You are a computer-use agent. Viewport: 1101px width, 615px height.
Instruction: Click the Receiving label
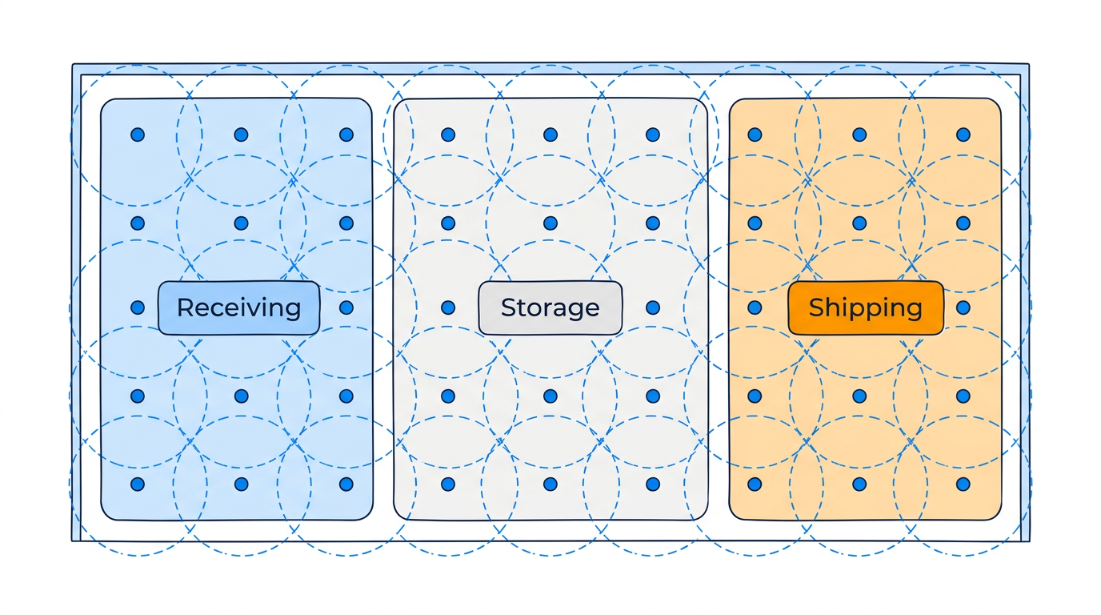[238, 307]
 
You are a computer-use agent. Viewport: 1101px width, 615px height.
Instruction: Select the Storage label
[550, 307]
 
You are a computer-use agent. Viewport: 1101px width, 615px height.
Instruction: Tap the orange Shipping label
[865, 307]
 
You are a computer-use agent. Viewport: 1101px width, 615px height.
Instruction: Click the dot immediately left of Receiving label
[138, 307]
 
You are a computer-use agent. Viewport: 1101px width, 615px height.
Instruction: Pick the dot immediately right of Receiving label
[346, 307]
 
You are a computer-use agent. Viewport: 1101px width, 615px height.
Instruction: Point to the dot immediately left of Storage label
[448, 307]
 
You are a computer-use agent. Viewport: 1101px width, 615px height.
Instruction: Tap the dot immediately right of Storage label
[653, 307]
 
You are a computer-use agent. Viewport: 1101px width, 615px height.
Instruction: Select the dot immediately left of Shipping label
[755, 307]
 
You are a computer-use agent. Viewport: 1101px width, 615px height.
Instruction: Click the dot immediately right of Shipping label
[963, 307]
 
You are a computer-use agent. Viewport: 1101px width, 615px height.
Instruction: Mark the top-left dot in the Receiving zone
[138, 135]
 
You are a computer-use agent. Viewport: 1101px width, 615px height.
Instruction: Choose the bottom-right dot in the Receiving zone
[346, 484]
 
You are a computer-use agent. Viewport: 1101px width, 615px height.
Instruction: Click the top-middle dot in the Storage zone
[550, 135]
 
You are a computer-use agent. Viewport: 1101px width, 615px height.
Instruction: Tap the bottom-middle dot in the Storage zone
[550, 484]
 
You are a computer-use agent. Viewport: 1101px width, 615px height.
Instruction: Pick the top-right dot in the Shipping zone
[963, 135]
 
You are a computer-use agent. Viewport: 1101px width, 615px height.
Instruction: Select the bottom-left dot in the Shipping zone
[755, 484]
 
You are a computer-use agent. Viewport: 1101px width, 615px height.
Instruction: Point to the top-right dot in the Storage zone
[653, 135]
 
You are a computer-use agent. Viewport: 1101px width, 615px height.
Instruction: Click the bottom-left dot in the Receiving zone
[138, 484]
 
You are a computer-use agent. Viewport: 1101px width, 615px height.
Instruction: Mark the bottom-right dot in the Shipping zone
[963, 484]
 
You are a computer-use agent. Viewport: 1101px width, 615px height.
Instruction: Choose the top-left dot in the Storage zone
[448, 135]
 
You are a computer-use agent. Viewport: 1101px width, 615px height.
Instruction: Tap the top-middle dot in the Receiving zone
[241, 135]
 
